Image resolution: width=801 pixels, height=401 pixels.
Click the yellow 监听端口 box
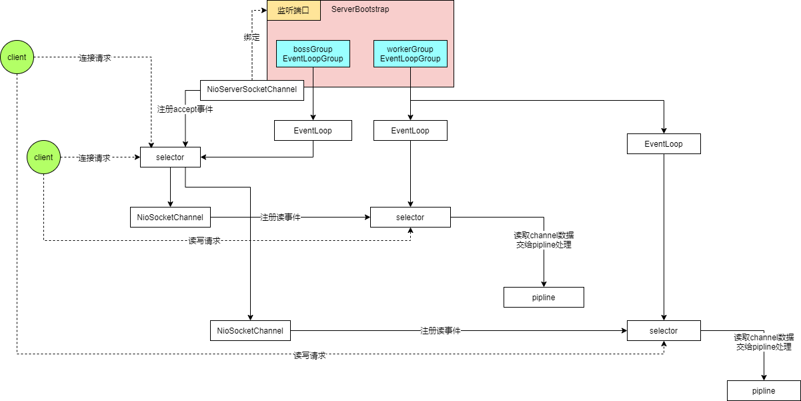pos(293,10)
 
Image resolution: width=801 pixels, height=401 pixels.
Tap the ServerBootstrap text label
pos(360,9)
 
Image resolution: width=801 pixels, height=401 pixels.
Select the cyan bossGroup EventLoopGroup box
pos(313,54)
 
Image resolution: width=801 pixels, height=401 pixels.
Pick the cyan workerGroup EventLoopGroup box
pos(410,54)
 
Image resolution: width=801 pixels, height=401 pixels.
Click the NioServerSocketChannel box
pos(252,89)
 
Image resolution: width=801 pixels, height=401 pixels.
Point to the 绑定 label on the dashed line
pos(251,38)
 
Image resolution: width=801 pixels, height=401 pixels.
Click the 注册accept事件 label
pos(185,109)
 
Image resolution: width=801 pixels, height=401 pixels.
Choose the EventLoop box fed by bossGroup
pos(313,131)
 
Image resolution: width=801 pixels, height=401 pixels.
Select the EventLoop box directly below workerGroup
pos(410,131)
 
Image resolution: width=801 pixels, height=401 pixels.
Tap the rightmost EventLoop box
pos(664,144)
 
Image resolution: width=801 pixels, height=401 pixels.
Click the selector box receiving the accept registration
pos(170,157)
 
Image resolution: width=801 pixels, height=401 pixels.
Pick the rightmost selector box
pos(664,331)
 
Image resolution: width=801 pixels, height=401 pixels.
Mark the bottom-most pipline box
pos(764,391)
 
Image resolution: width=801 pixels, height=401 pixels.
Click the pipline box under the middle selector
pos(544,298)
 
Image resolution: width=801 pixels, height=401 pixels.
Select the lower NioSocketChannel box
pos(250,331)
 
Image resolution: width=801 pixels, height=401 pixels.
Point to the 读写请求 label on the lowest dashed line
pos(309,356)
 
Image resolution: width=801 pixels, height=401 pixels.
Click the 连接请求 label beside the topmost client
pos(95,58)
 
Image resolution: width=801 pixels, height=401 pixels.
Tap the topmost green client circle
pos(17,57)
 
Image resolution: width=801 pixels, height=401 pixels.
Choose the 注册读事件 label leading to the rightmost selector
pos(440,331)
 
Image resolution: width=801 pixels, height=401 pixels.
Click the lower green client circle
pos(43,157)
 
